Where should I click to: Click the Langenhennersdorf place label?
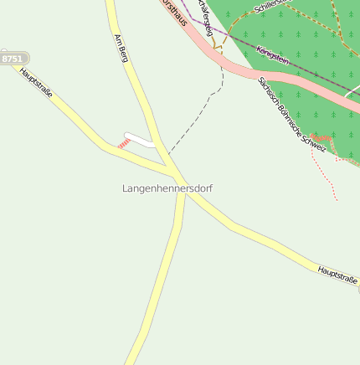point(167,188)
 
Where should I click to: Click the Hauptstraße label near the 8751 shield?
point(36,83)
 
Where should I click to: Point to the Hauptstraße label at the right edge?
point(337,274)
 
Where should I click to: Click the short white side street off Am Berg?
point(140,139)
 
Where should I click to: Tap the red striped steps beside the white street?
point(124,144)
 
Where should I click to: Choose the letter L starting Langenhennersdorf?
point(126,188)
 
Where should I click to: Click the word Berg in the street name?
point(124,54)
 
